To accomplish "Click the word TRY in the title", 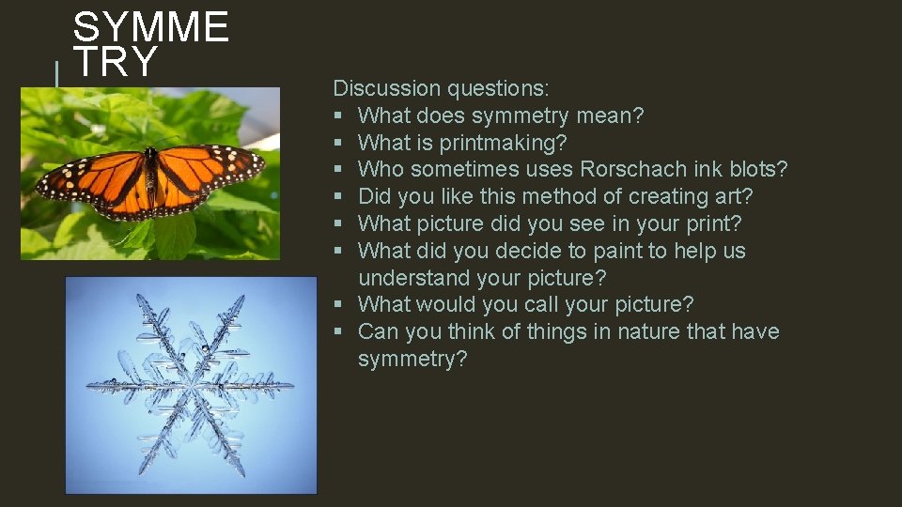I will (116, 63).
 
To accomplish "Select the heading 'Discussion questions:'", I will (442, 89).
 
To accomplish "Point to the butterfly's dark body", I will (149, 178).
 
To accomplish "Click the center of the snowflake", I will (191, 385).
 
